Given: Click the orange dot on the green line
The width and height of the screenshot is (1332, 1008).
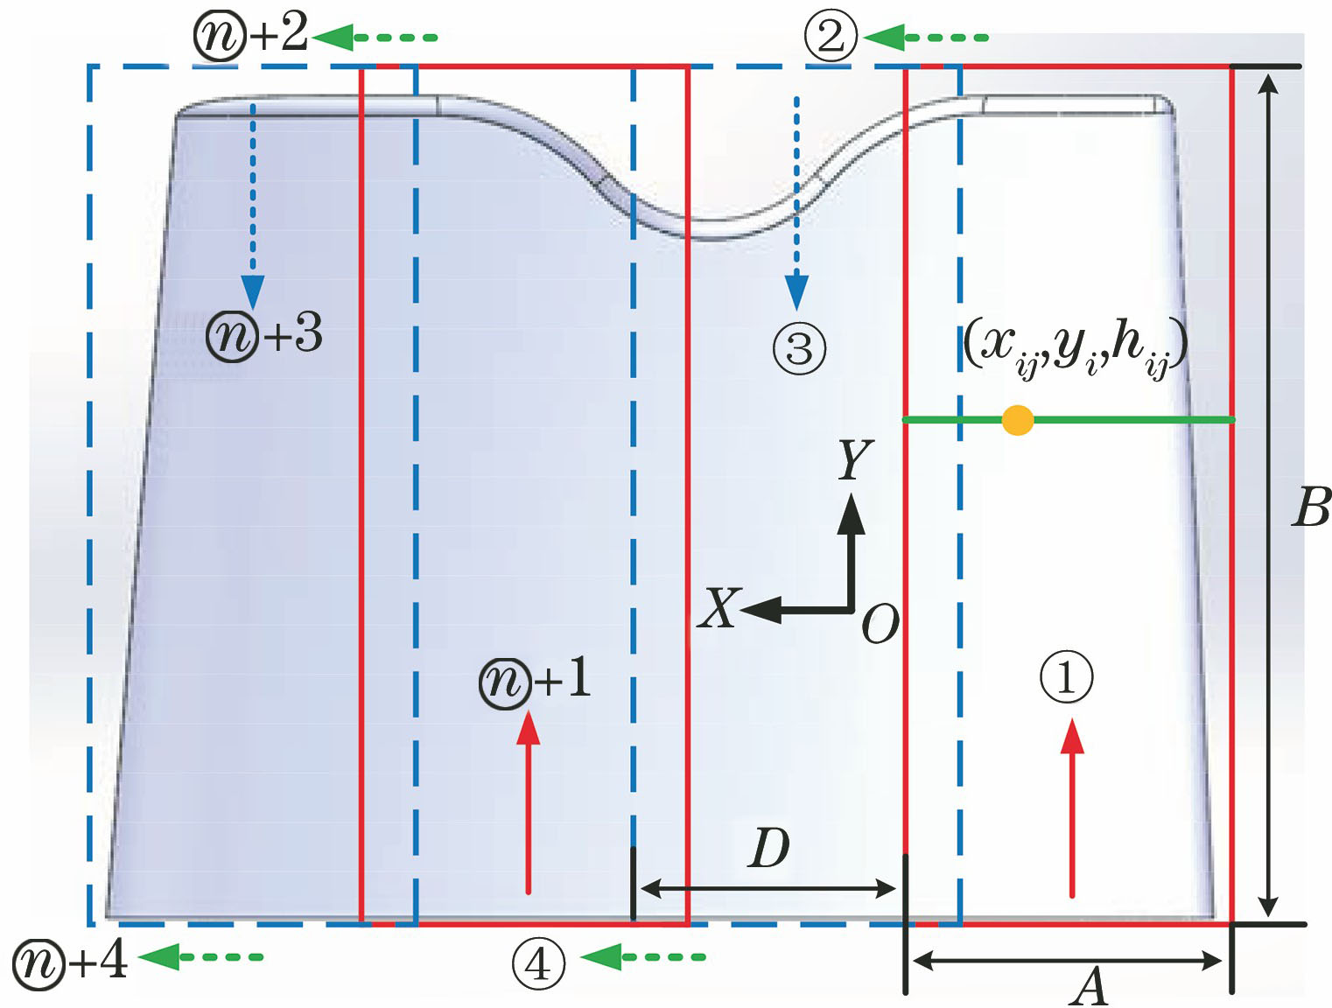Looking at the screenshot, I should coord(1017,420).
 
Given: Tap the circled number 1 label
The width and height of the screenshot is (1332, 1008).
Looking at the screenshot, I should coord(1066,677).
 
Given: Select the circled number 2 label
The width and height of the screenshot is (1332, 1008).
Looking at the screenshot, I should coord(831,37).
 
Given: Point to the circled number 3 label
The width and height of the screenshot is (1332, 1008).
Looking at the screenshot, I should coord(799,349).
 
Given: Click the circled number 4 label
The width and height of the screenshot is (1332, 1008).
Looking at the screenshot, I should coord(537,964).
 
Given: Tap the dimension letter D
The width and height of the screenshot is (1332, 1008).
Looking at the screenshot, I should coord(768,848).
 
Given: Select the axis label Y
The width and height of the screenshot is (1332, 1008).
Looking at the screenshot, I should coord(854,460).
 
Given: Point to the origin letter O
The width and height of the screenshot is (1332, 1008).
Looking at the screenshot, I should coord(880,625).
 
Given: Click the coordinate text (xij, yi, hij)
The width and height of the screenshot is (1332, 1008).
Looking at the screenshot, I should coord(1075,346).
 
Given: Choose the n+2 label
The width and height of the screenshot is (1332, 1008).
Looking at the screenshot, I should coord(250,35).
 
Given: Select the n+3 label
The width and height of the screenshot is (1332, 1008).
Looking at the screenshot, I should coord(264,335).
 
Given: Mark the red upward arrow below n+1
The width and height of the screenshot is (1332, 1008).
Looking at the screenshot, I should coord(528,801).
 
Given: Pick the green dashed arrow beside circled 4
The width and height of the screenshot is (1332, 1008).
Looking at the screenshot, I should coord(642,957).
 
